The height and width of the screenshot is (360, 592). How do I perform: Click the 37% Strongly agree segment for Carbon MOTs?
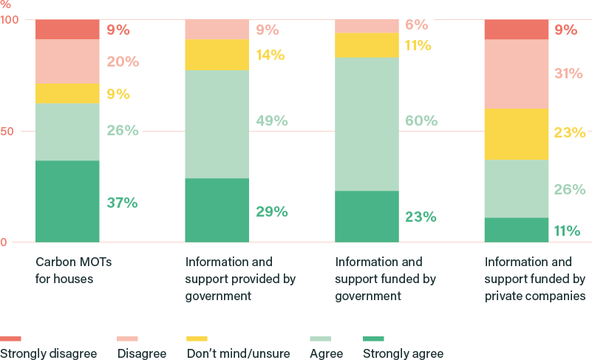point(67,201)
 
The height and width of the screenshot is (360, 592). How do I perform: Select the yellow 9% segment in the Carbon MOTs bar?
point(67,93)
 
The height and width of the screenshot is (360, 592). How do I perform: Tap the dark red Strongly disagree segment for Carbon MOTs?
point(67,30)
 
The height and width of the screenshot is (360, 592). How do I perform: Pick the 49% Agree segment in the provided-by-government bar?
point(216,123)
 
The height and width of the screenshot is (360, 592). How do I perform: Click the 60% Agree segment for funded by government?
point(367,123)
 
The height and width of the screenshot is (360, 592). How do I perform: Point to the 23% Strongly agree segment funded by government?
point(367,216)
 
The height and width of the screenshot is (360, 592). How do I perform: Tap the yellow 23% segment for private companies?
point(516,134)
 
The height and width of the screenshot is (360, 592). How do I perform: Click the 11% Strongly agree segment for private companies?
point(516,230)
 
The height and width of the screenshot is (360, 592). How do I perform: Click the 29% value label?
point(272,212)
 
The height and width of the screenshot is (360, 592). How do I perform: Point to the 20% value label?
point(123,61)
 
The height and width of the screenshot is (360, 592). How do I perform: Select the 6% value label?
point(416,24)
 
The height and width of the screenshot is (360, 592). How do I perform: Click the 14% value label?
point(271,55)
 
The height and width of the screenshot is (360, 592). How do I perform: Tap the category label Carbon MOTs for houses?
point(73,271)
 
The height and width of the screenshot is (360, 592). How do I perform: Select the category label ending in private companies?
point(534,279)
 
